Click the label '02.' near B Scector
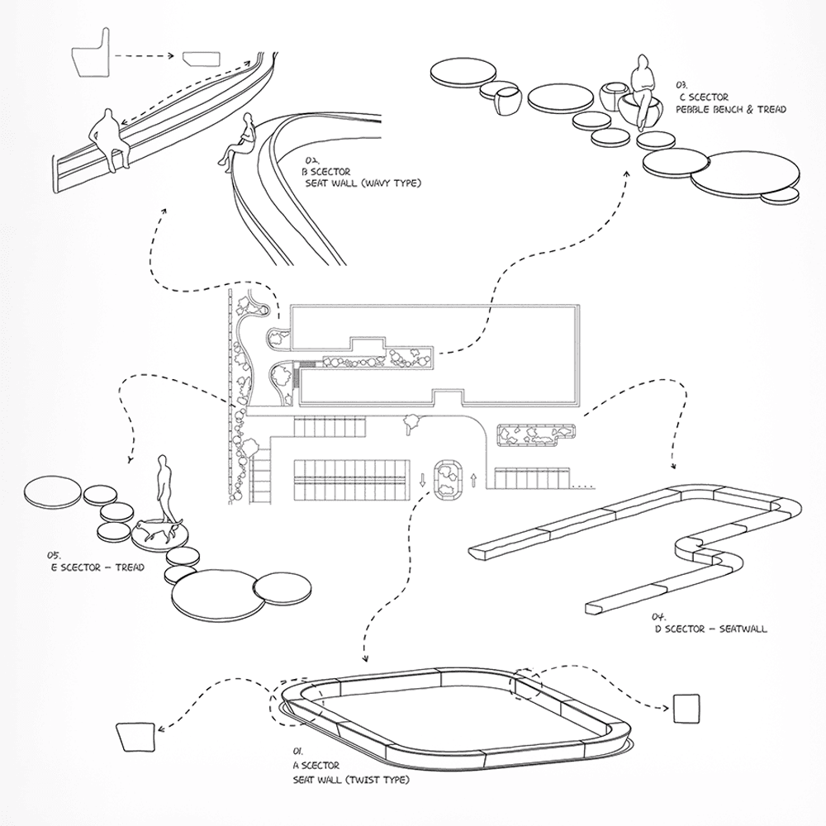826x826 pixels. (x=312, y=159)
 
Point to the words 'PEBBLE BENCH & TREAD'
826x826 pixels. (x=731, y=110)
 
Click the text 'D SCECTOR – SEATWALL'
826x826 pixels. (x=711, y=629)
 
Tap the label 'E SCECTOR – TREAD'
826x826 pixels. (x=97, y=567)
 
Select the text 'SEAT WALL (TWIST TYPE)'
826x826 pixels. (x=351, y=780)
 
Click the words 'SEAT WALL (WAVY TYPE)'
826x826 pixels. (x=363, y=184)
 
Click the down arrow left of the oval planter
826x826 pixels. (x=422, y=480)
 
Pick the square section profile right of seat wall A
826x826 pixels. (x=687, y=709)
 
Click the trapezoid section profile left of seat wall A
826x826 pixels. (x=135, y=738)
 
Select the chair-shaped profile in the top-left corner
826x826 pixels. (x=92, y=53)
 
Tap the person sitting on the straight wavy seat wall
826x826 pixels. (x=110, y=139)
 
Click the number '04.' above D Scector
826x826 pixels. (x=659, y=616)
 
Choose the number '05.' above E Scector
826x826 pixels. (x=54, y=555)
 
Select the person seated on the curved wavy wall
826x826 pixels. (x=238, y=142)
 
